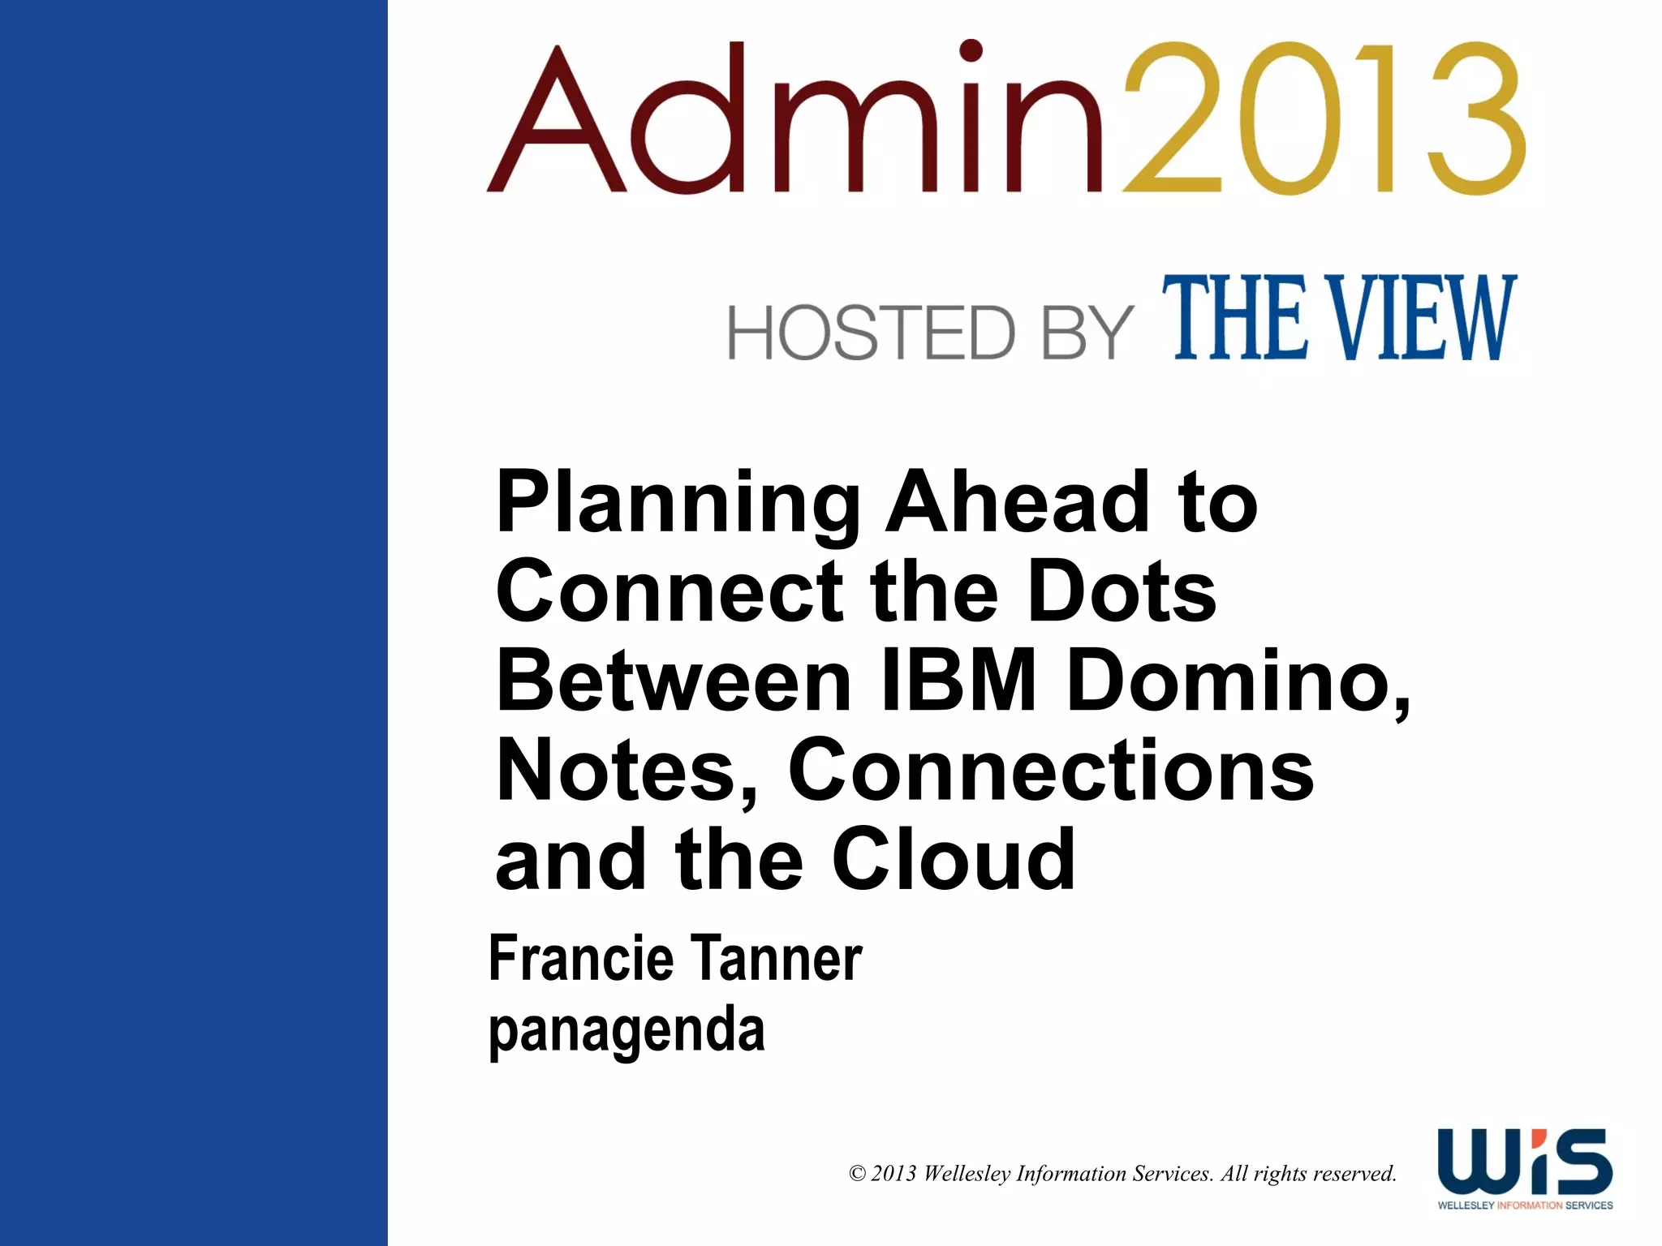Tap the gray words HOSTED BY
click(x=929, y=333)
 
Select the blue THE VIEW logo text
click(x=1339, y=318)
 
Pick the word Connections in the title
click(x=1051, y=771)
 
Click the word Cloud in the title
click(x=954, y=860)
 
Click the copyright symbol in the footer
click(x=857, y=1174)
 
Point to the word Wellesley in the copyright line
click(x=967, y=1174)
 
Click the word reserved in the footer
click(x=1354, y=1174)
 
